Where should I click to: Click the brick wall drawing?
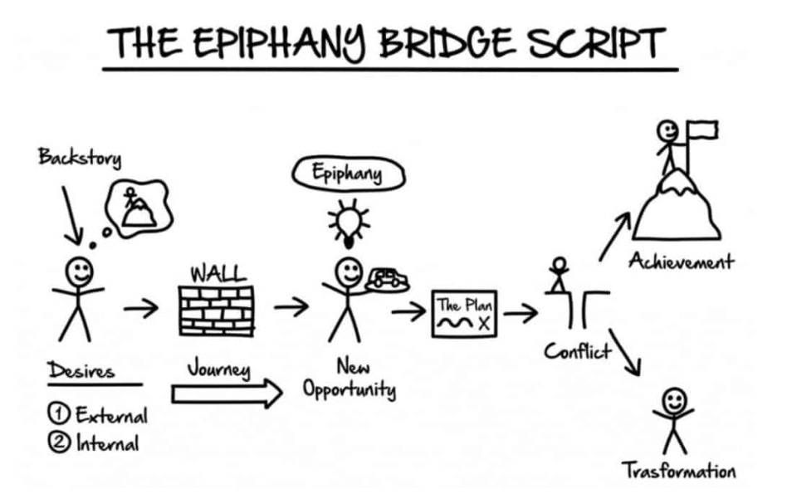pyautogui.click(x=218, y=308)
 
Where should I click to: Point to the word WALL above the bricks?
pyautogui.click(x=217, y=272)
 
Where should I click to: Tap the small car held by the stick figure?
pyautogui.click(x=387, y=278)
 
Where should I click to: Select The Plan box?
pyautogui.click(x=464, y=314)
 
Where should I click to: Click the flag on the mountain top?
pyautogui.click(x=702, y=130)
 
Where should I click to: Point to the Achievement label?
pyautogui.click(x=680, y=262)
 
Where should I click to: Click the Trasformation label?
pyautogui.click(x=678, y=471)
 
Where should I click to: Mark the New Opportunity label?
pyautogui.click(x=349, y=378)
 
